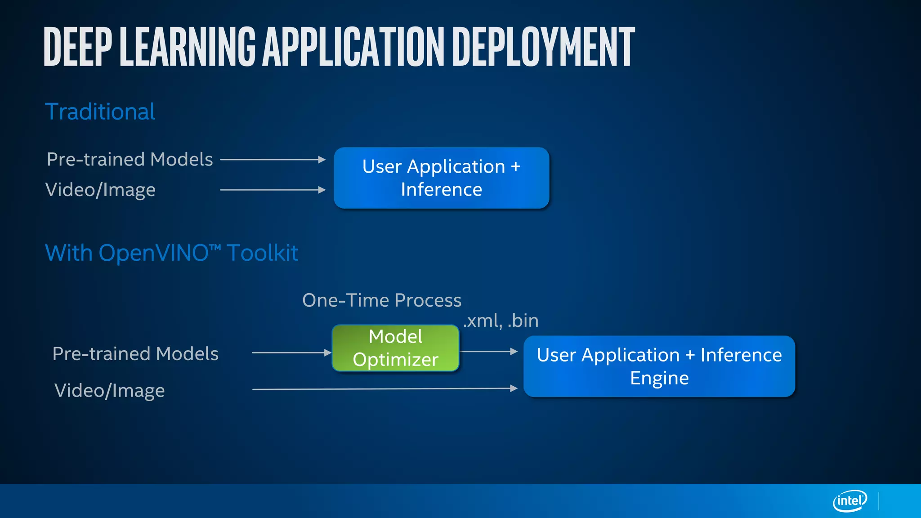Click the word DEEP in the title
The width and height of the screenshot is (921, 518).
point(77,47)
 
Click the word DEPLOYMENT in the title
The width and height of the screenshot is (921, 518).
point(543,47)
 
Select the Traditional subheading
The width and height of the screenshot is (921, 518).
point(100,112)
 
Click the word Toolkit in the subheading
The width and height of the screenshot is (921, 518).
point(262,253)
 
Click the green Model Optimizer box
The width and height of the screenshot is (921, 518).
point(395,348)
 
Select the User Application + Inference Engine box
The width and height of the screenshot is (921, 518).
point(659,366)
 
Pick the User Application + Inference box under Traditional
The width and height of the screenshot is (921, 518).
point(441,178)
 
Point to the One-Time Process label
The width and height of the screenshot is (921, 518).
point(381,300)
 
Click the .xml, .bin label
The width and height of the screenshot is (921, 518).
point(501,321)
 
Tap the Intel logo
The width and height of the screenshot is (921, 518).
point(849,500)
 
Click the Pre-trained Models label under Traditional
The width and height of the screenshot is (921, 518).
point(130,159)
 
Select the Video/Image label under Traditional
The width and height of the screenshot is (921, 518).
point(100,190)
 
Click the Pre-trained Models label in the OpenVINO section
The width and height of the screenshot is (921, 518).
point(135,353)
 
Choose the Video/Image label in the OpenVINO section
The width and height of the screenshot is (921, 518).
point(109,390)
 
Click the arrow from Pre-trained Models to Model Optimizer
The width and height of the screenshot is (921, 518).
point(291,353)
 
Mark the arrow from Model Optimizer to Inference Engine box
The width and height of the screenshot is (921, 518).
point(489,351)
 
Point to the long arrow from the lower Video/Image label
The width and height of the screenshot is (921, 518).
point(384,388)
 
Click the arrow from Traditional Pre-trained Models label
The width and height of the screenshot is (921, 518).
point(273,159)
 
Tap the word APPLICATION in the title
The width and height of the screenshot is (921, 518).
point(353,47)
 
